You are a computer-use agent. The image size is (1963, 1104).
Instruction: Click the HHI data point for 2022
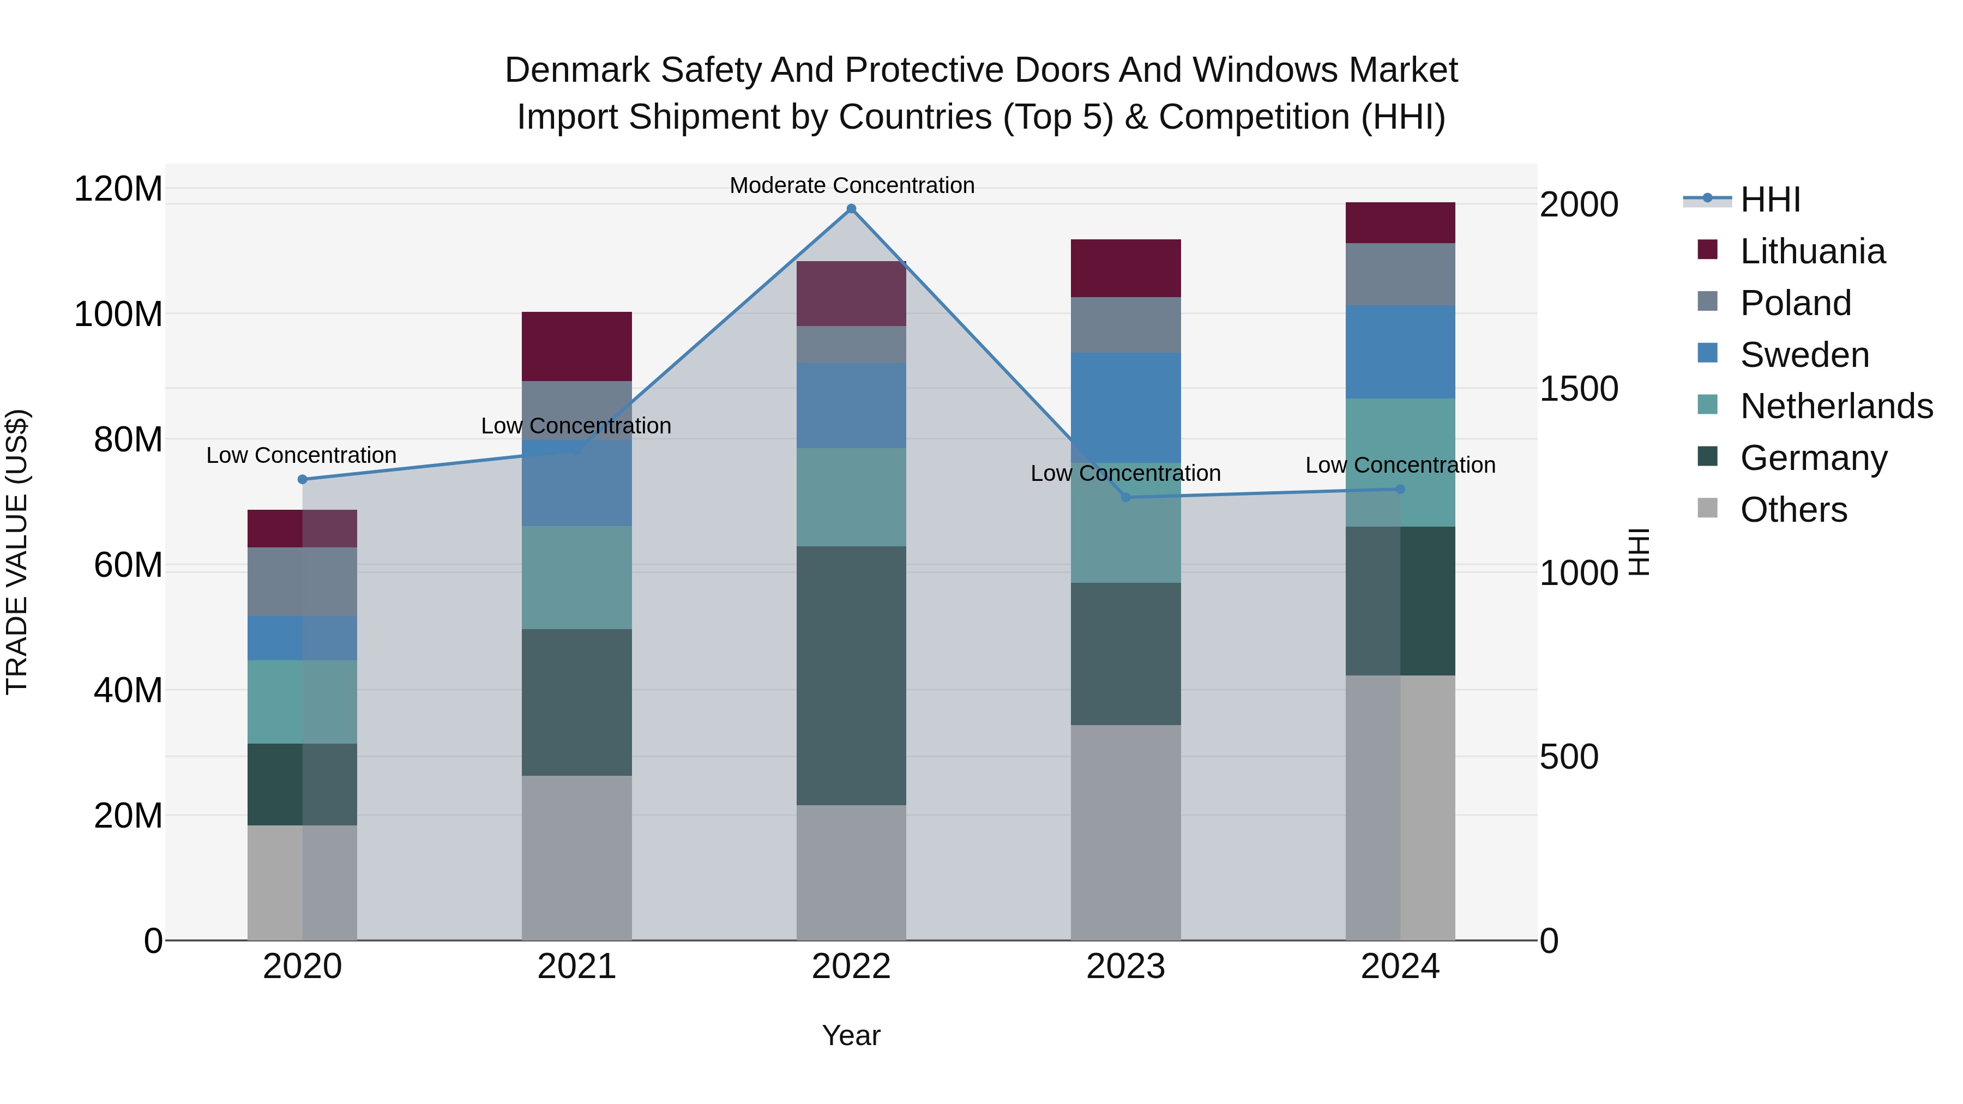[851, 209]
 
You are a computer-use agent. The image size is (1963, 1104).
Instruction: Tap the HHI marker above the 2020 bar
[303, 479]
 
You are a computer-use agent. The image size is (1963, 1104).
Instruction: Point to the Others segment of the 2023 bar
[1125, 832]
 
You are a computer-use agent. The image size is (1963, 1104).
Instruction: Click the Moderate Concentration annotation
[851, 185]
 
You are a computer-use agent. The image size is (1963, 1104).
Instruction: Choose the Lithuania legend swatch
[1708, 250]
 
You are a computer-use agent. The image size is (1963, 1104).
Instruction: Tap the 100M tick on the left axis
[118, 314]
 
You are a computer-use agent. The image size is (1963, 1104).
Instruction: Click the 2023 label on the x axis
[1125, 967]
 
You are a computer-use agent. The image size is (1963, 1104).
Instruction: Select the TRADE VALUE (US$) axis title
[17, 552]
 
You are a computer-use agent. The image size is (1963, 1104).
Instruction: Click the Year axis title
[851, 1035]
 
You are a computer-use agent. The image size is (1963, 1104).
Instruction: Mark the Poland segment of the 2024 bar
[1400, 274]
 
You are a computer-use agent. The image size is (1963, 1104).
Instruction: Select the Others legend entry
[1793, 510]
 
